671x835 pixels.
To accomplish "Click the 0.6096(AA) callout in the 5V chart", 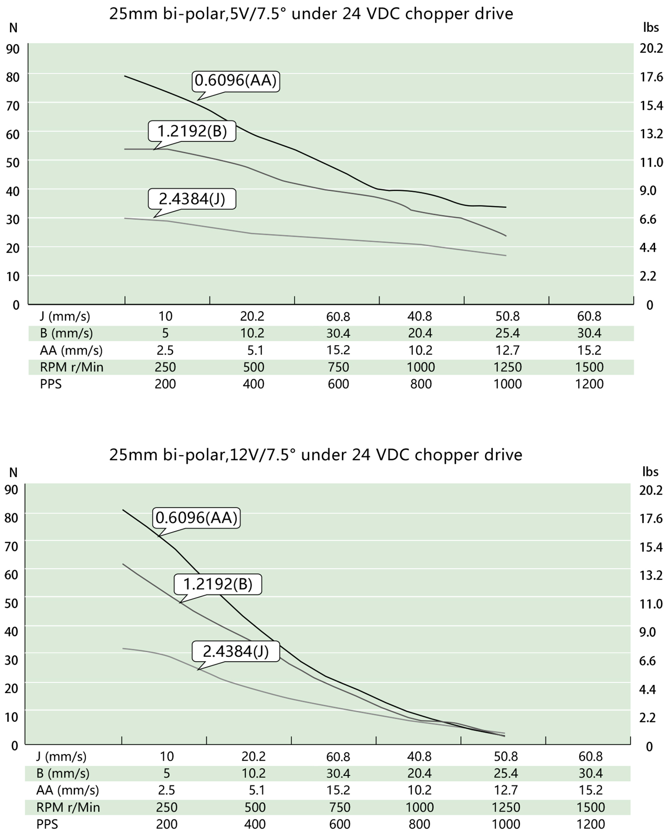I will [x=236, y=81].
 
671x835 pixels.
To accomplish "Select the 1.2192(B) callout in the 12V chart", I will [x=218, y=584].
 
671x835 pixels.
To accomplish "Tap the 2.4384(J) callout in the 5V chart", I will [x=192, y=199].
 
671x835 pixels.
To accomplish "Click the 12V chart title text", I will [x=315, y=455].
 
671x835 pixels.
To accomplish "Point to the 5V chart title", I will [x=311, y=14].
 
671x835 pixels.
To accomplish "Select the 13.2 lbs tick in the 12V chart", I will [x=650, y=575].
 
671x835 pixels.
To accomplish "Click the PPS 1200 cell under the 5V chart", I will [x=589, y=384].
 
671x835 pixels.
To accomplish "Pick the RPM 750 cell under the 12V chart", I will [x=339, y=807].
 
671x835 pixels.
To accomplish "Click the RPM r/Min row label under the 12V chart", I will [x=68, y=807].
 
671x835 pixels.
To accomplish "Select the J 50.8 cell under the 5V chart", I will [x=507, y=316].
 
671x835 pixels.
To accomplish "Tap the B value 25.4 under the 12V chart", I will [x=506, y=773].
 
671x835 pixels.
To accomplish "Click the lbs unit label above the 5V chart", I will [x=651, y=28].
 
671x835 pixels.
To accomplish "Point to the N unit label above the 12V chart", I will [x=13, y=473].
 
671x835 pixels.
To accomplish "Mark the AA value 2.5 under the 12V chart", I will [x=166, y=791].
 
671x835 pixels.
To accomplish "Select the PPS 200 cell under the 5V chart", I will [x=165, y=384].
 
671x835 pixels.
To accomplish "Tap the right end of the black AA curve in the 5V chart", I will [x=506, y=207].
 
